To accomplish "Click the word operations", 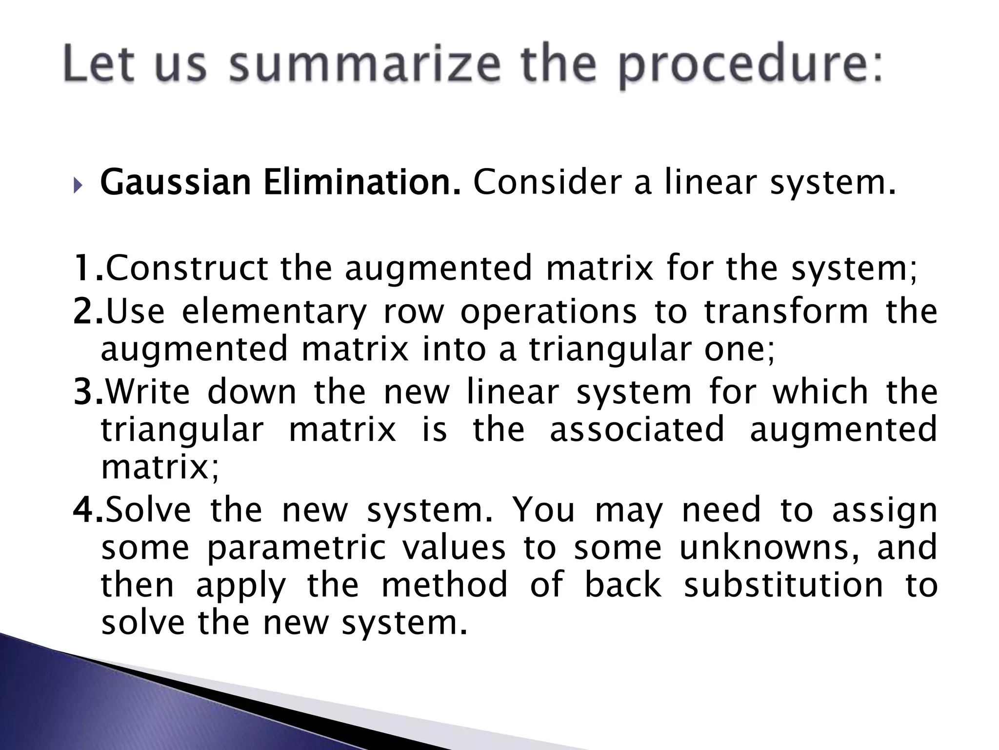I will pyautogui.click(x=548, y=312).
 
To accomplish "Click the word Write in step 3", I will pyautogui.click(x=148, y=392).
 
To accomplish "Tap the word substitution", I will pyautogui.click(x=783, y=585).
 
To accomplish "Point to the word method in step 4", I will pyautogui.click(x=444, y=585).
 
